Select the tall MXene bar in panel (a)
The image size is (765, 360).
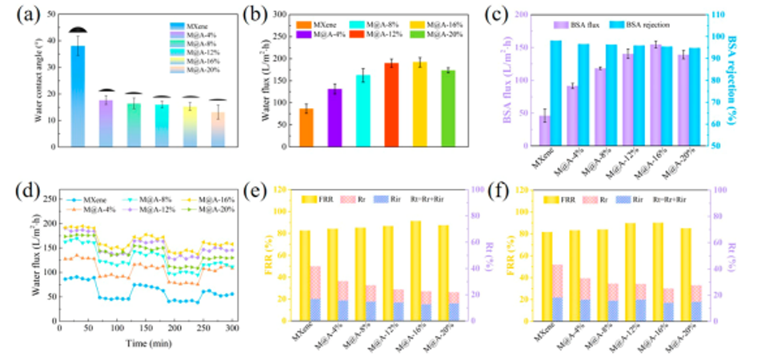(x=78, y=96)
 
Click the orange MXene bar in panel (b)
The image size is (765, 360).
(x=306, y=128)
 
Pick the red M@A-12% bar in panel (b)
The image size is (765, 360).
(x=391, y=105)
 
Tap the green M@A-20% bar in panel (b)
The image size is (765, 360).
(x=448, y=109)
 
